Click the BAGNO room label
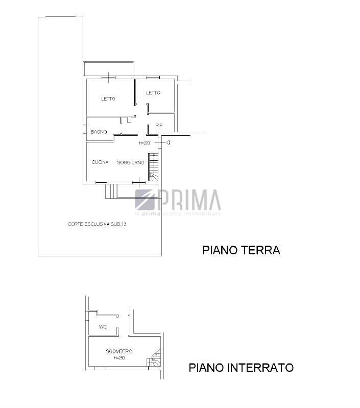(x=99, y=132)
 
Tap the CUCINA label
(x=100, y=162)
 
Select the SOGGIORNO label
(x=131, y=162)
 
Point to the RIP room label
(x=159, y=126)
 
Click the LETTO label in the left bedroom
(x=108, y=99)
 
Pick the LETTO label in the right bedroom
(x=153, y=93)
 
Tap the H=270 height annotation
(x=145, y=143)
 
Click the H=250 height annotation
(x=119, y=358)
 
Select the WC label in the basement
(x=103, y=327)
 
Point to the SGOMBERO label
(x=119, y=351)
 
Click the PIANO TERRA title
(x=242, y=250)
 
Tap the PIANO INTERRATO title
(x=241, y=368)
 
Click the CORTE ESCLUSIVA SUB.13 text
(x=97, y=224)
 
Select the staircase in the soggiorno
(x=154, y=167)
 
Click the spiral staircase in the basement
(x=154, y=358)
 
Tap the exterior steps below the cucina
(x=110, y=191)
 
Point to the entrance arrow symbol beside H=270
(x=169, y=142)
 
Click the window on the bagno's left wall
(x=85, y=129)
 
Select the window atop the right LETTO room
(x=153, y=78)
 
